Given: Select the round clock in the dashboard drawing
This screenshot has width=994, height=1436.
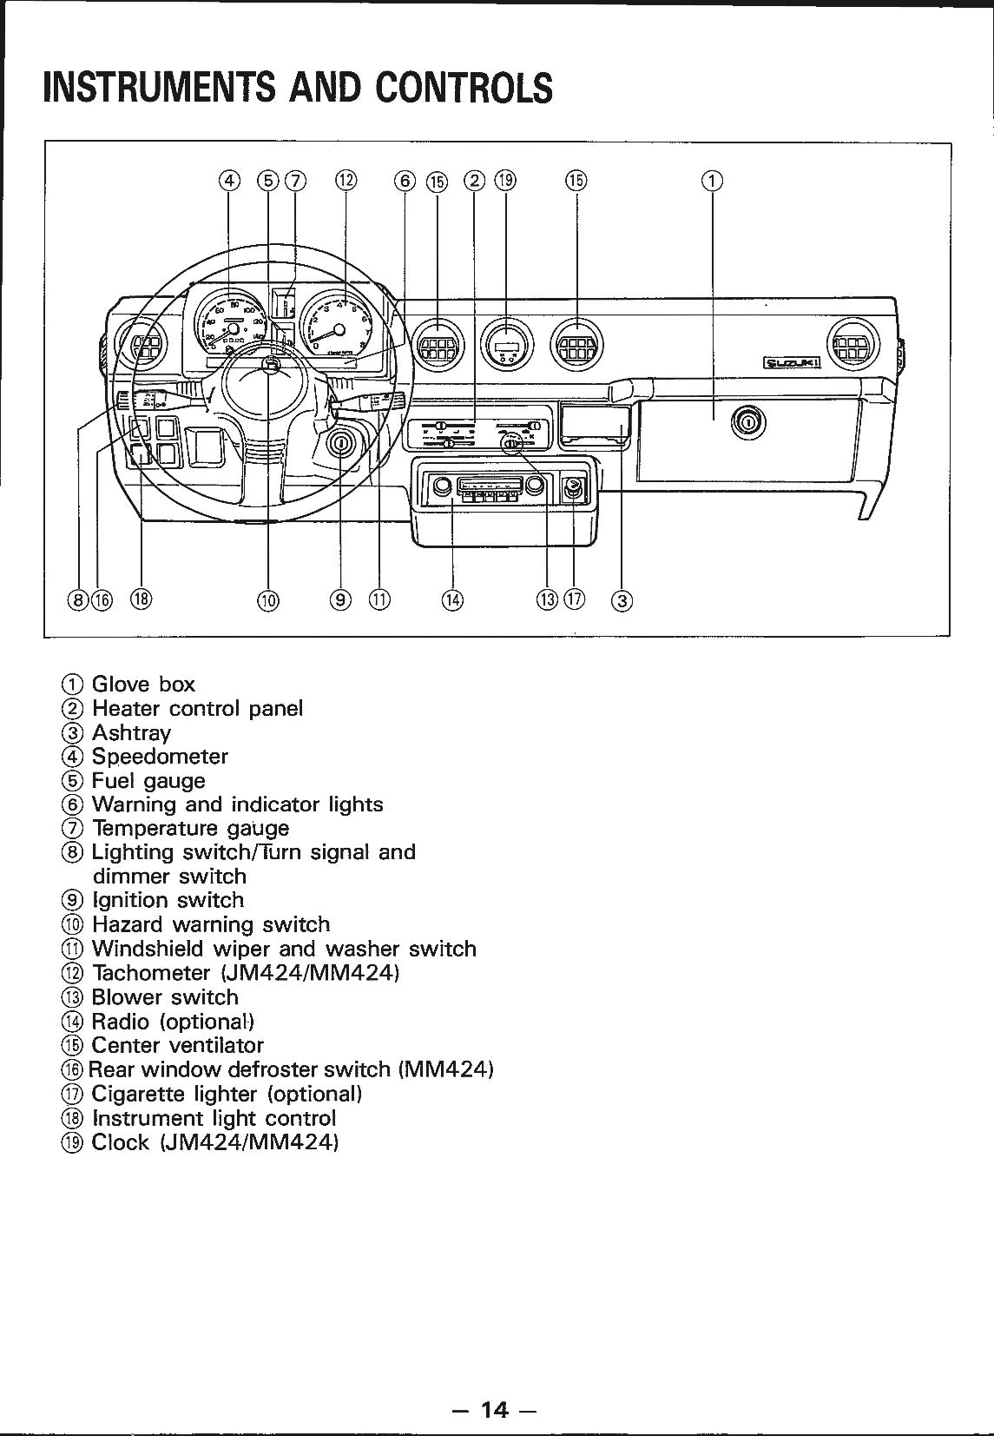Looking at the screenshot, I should click(x=508, y=347).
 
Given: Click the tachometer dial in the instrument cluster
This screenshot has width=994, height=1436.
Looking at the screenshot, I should click(x=339, y=326).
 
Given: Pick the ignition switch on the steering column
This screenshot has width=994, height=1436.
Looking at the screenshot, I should click(x=341, y=445).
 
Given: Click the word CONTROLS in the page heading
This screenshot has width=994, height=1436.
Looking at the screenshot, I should click(x=464, y=87).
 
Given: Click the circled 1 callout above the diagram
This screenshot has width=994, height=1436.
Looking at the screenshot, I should click(x=712, y=181).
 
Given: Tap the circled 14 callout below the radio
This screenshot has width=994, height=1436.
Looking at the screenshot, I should click(x=452, y=599).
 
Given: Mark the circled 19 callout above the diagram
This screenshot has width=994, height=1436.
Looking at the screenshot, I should click(x=505, y=181).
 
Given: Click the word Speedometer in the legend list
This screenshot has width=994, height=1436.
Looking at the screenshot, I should click(x=160, y=757).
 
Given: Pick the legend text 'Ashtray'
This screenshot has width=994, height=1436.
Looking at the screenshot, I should click(x=132, y=732).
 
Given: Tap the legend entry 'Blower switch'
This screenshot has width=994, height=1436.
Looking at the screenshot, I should click(x=164, y=997).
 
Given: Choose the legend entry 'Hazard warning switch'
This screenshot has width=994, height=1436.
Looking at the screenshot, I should click(x=211, y=924).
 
